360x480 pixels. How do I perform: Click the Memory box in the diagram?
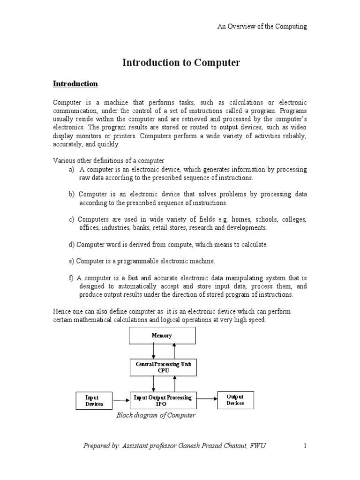[162, 336]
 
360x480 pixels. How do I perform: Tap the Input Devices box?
[94, 400]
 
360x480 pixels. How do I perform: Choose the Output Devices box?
[235, 400]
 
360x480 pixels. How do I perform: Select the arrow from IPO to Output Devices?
[207, 399]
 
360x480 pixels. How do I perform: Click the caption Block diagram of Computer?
[156, 415]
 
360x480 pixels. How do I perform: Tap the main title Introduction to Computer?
[181, 63]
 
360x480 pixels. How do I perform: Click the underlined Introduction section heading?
[75, 84]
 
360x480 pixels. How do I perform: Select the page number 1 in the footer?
[305, 446]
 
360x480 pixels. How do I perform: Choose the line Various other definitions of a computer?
[108, 161]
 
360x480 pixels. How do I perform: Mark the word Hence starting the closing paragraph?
[62, 312]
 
